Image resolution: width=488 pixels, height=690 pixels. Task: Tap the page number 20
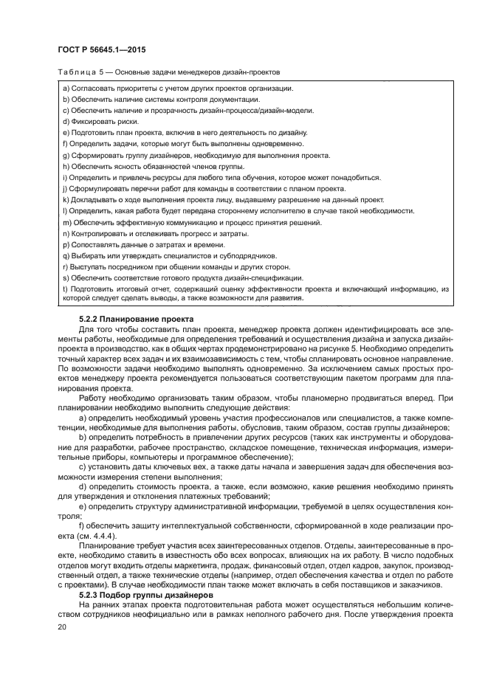pos(61,627)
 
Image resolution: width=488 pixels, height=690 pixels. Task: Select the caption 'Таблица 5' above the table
pos(78,72)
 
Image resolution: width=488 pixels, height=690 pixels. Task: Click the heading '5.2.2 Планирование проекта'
pos(126,318)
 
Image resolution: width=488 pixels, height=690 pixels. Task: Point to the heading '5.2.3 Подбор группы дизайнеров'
pos(134,593)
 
